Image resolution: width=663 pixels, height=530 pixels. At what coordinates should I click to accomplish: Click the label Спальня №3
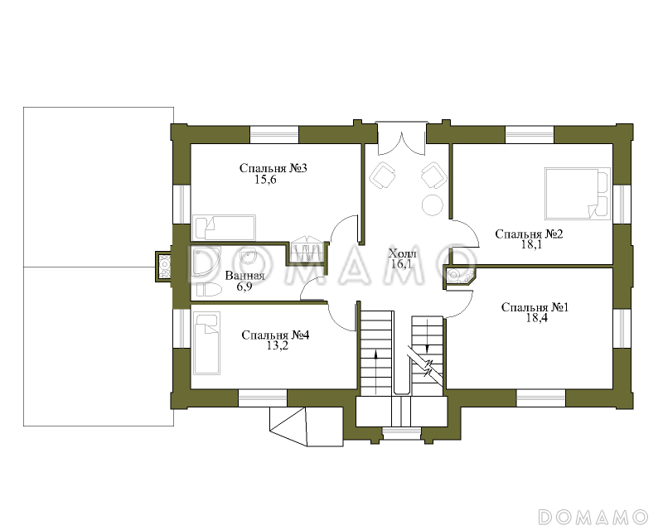(x=273, y=168)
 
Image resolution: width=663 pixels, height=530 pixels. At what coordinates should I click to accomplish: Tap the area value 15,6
(x=265, y=180)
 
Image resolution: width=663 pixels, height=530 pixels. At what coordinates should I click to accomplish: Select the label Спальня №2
(x=529, y=234)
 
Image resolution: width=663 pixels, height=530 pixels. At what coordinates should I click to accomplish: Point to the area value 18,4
(x=536, y=318)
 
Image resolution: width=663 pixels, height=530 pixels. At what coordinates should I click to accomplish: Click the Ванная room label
(x=244, y=276)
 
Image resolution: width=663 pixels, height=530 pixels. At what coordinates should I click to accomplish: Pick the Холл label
(x=403, y=253)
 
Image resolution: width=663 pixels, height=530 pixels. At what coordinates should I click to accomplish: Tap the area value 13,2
(x=278, y=345)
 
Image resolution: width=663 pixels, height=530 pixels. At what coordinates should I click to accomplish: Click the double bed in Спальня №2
(x=578, y=194)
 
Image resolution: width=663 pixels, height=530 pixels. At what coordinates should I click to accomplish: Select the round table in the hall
(x=432, y=205)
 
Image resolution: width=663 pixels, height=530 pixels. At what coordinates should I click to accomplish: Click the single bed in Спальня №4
(x=206, y=343)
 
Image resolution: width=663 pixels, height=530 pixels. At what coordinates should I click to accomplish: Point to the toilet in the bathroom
(x=210, y=290)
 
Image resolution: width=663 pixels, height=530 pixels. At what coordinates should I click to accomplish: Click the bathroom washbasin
(x=248, y=256)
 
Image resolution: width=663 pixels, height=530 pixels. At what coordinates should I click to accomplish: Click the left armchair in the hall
(x=383, y=175)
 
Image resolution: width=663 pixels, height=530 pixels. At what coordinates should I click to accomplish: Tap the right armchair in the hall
(x=433, y=175)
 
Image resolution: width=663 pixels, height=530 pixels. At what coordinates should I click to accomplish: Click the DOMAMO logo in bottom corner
(x=593, y=517)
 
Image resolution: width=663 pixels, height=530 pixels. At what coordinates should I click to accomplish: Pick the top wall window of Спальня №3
(x=274, y=134)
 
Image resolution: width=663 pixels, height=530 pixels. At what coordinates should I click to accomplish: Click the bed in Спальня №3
(x=224, y=228)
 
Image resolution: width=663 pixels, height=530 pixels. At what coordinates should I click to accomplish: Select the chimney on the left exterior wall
(x=163, y=267)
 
